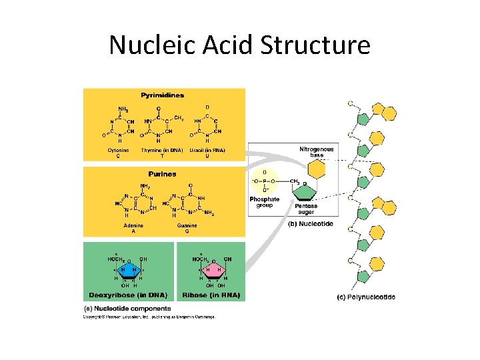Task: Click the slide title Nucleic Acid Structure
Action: (x=239, y=45)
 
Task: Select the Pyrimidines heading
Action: (x=163, y=95)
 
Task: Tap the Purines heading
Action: (x=163, y=174)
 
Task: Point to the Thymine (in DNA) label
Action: (x=162, y=151)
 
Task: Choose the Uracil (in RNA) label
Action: (x=207, y=151)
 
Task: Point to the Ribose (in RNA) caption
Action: (x=210, y=294)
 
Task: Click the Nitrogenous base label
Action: (x=317, y=151)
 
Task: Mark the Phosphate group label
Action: (x=265, y=202)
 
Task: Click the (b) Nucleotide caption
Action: (x=310, y=224)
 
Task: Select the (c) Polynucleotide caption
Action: (x=365, y=297)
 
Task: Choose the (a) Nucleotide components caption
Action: (x=127, y=308)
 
